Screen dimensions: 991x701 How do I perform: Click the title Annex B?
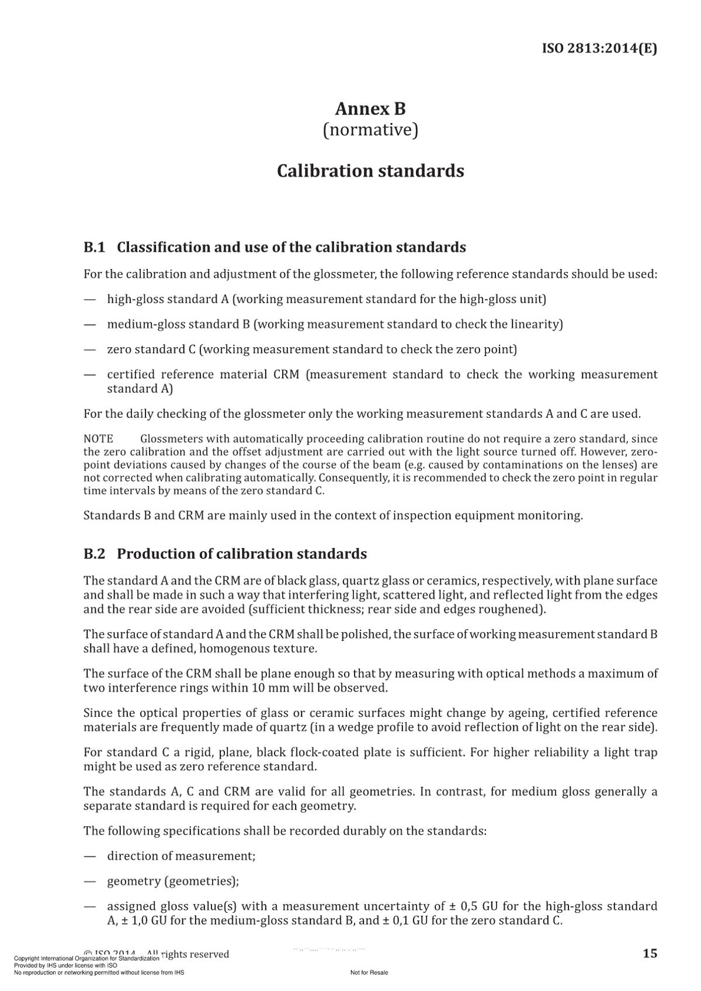tap(370, 109)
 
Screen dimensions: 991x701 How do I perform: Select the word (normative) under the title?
tap(370, 130)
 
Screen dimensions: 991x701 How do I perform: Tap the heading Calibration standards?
tap(370, 171)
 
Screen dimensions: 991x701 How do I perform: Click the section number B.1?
tap(94, 247)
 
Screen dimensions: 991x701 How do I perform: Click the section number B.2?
tap(94, 554)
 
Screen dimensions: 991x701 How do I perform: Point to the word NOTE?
tap(98, 439)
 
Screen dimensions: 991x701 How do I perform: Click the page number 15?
tap(650, 954)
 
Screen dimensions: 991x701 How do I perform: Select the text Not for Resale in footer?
tap(369, 972)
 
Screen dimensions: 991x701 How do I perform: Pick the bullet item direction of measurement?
tap(181, 856)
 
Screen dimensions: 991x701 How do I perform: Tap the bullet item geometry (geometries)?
tap(173, 881)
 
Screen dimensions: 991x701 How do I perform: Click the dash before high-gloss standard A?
tap(89, 299)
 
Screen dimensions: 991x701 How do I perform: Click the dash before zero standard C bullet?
tap(89, 350)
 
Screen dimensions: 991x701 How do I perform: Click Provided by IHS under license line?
tap(65, 965)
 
